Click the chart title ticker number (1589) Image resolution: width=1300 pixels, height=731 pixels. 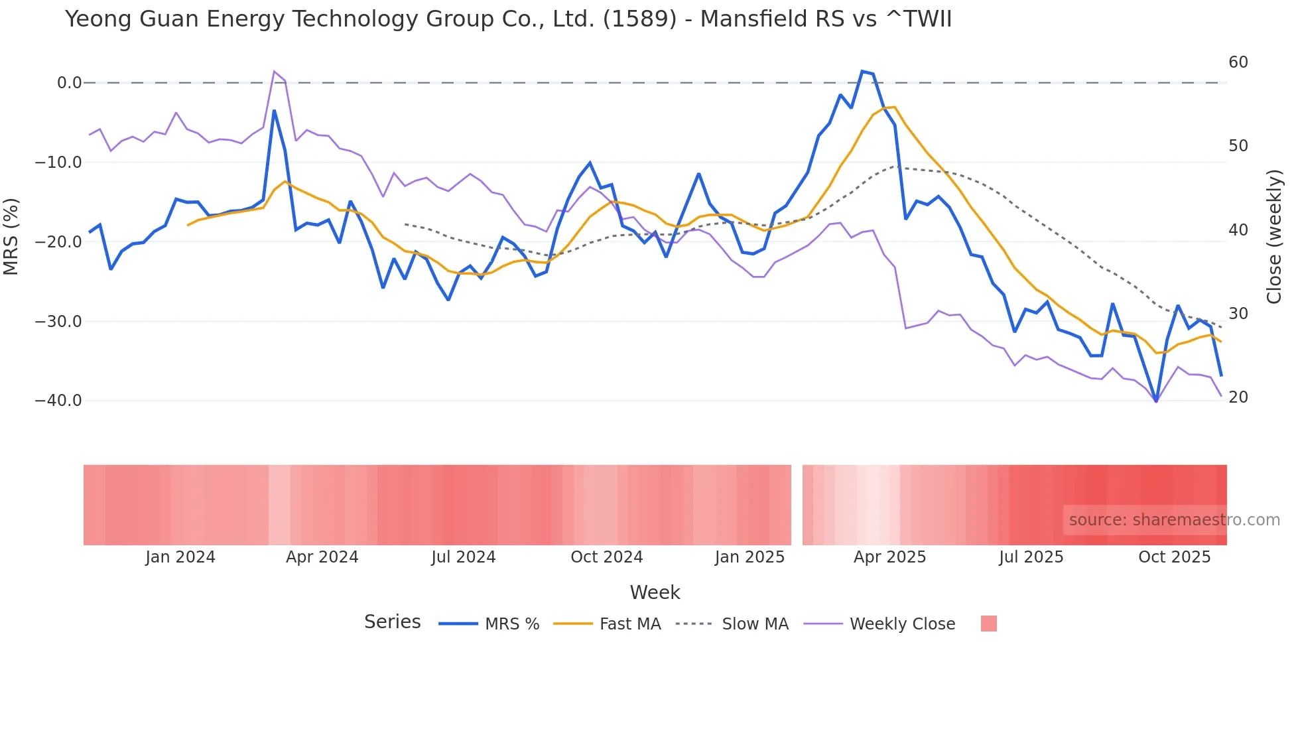click(x=639, y=19)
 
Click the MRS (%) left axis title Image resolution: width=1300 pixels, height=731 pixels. click(x=11, y=236)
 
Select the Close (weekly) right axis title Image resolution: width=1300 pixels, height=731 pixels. click(x=1274, y=237)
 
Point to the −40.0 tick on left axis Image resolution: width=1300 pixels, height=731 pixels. click(x=58, y=401)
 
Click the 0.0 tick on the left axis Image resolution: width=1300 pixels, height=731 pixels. click(x=69, y=83)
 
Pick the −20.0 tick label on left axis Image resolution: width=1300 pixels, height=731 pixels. click(x=58, y=242)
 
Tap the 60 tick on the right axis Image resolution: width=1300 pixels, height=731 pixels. click(x=1238, y=62)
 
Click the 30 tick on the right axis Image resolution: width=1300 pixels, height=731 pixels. click(x=1238, y=314)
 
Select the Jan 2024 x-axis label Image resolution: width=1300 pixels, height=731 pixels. click(x=180, y=557)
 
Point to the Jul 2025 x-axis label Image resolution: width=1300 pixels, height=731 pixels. click(x=1031, y=557)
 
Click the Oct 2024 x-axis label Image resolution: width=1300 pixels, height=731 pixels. click(x=606, y=557)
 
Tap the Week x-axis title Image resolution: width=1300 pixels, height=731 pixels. click(x=655, y=592)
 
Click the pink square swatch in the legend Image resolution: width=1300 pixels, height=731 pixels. click(x=988, y=624)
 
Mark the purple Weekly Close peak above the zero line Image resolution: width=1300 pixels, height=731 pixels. click(x=274, y=71)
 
